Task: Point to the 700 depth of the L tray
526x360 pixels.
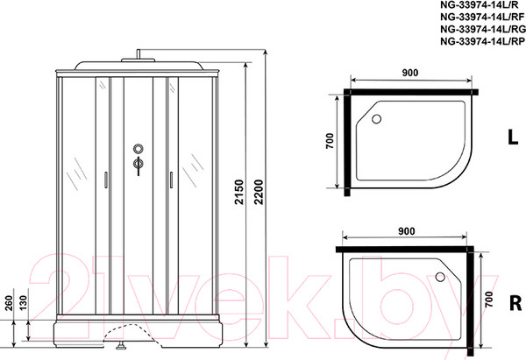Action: (331, 142)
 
